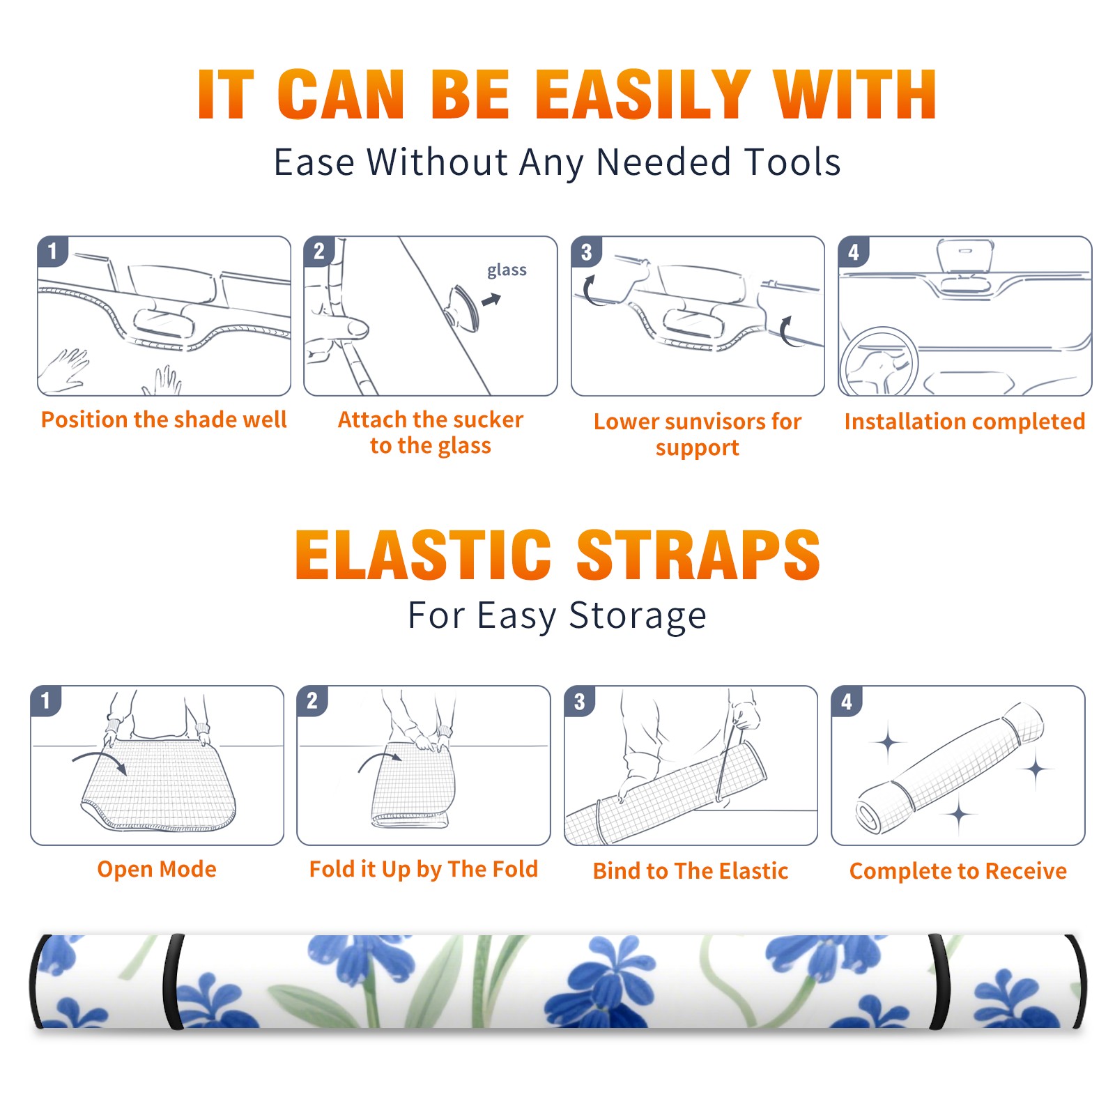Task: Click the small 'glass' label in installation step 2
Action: click(507, 270)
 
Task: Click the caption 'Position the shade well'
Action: click(164, 420)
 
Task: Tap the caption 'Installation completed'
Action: click(964, 422)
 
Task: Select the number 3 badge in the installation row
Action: click(587, 252)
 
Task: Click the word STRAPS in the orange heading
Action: click(698, 555)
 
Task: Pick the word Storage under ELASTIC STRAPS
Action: click(638, 616)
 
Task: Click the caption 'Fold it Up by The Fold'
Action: click(424, 870)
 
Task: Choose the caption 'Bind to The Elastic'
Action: click(691, 871)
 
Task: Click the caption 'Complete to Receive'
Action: click(958, 871)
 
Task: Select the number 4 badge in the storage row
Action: click(847, 701)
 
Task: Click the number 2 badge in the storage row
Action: click(312, 700)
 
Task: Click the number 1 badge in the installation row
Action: click(53, 251)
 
